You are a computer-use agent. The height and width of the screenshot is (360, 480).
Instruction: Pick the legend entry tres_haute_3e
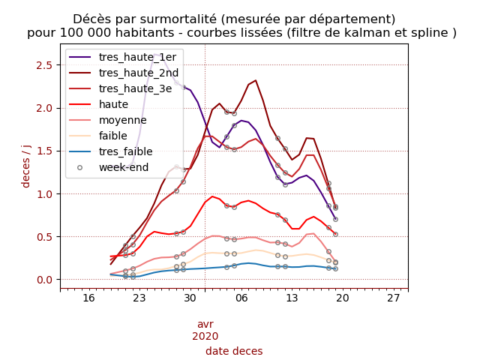pos(135,88)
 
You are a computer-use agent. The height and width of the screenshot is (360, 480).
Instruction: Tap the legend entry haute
pos(113,104)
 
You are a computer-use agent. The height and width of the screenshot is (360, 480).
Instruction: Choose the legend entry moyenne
pos(122,120)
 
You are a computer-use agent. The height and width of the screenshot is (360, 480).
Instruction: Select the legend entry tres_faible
pos(125,151)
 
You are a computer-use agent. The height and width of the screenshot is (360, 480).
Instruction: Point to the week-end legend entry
pos(124,167)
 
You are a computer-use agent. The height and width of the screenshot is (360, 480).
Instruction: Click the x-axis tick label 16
pos(88,298)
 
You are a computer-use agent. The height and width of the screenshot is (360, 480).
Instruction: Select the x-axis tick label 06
pos(241,298)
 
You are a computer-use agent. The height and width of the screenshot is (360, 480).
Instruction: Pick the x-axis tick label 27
pos(393,298)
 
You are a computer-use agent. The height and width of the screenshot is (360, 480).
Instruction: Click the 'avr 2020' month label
pos(205,330)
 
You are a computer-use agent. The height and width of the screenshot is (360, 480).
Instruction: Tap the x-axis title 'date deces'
pos(234,351)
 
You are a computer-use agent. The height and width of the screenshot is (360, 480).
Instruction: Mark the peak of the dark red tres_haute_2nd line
pos(255,80)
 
